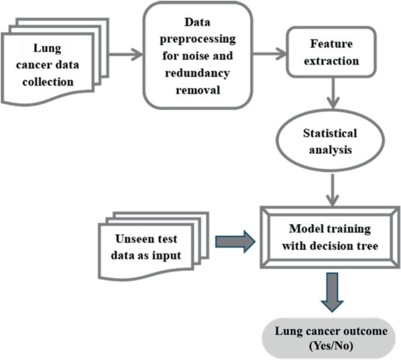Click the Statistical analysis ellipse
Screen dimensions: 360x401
tap(331, 141)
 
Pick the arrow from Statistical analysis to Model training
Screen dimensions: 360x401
tap(332, 187)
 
